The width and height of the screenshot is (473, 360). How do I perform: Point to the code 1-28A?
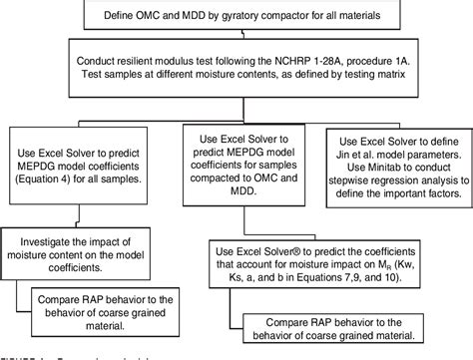pos(328,63)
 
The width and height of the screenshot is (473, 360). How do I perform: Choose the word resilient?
pos(165,63)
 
